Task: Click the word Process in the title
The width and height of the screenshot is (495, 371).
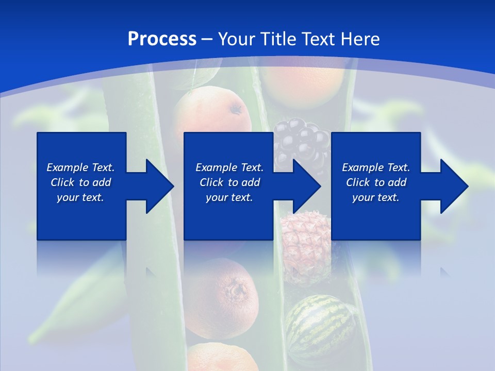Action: pos(162,39)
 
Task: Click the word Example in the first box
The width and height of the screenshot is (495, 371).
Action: pos(67,167)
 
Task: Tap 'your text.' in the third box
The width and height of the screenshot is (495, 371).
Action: pos(375,197)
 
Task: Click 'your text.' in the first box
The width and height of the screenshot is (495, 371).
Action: pos(80,197)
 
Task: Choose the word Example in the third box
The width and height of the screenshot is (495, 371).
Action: pos(362,167)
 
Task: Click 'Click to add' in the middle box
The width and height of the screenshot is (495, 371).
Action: pos(229,182)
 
